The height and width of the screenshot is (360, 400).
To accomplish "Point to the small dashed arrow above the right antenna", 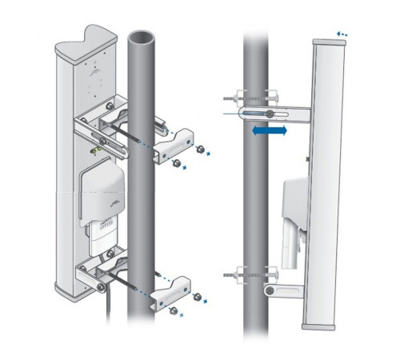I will click(x=342, y=34).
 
